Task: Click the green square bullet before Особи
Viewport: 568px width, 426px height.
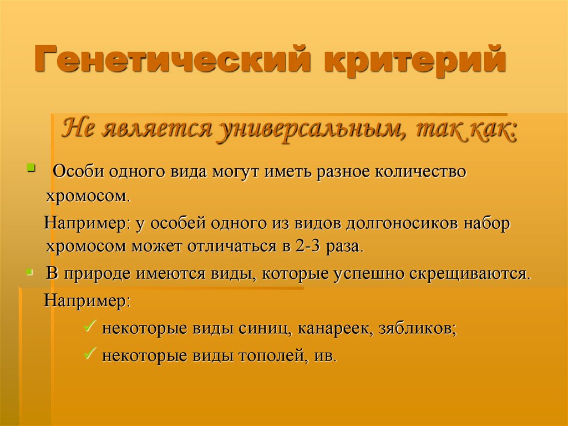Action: tap(31, 167)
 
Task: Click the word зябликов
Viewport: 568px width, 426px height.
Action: tap(418, 329)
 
